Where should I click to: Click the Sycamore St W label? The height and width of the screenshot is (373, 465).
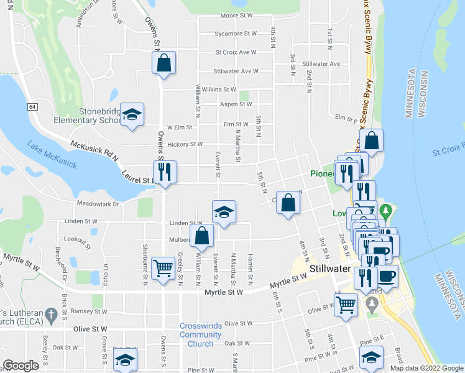[236, 34]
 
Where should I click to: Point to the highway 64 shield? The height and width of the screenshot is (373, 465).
[32, 107]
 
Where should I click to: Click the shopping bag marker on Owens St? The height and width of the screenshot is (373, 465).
[163, 63]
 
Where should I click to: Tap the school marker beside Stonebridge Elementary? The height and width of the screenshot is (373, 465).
[132, 114]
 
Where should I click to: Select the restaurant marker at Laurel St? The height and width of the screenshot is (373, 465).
[165, 172]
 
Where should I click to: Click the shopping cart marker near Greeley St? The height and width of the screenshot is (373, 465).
[163, 269]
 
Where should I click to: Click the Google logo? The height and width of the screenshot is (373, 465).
[21, 366]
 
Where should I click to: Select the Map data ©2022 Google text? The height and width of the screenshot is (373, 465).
[426, 368]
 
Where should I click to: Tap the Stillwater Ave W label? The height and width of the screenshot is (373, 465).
[236, 71]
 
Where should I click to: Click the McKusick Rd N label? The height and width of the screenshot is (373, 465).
[93, 150]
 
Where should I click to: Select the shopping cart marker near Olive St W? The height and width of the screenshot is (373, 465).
[346, 304]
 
